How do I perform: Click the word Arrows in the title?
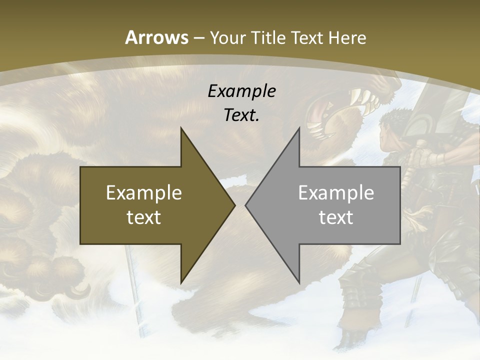[x=157, y=37]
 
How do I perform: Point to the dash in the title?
[x=199, y=38]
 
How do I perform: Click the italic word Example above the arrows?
[x=242, y=91]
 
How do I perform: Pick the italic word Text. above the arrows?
[x=242, y=115]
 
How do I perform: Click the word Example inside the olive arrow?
[x=144, y=193]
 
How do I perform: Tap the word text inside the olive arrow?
[x=144, y=217]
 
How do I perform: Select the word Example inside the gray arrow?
[x=336, y=193]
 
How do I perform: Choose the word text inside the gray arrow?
[x=336, y=217]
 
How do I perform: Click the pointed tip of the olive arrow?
[x=234, y=205]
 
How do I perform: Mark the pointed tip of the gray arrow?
[x=246, y=205]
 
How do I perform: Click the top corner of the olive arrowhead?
[x=181, y=128]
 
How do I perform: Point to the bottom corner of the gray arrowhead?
[x=299, y=282]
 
